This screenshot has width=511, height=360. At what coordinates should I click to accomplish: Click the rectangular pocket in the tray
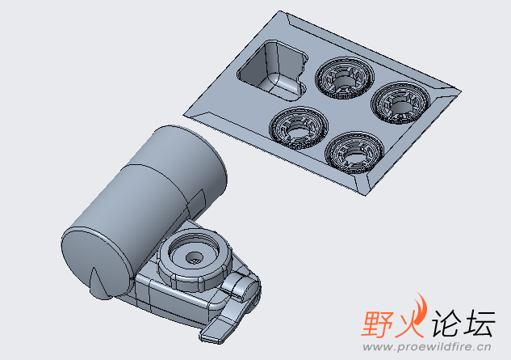(x=272, y=70)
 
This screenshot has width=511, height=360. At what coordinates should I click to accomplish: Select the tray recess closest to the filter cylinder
(x=299, y=128)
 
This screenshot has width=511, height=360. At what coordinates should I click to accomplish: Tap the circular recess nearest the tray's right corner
(x=400, y=103)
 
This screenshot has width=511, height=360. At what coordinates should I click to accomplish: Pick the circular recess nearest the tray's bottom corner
(x=355, y=153)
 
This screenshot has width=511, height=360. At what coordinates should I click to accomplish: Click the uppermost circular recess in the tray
(x=345, y=78)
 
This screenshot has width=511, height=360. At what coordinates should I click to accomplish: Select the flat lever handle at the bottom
(x=225, y=322)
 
